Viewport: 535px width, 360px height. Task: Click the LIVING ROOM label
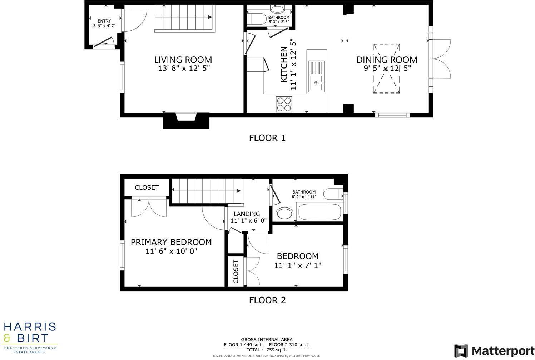[183, 60]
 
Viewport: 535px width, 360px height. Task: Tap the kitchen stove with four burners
[284, 104]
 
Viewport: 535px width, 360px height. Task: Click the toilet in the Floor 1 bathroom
[257, 18]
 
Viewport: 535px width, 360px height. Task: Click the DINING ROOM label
[387, 60]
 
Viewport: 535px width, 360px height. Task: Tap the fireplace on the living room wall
[186, 121]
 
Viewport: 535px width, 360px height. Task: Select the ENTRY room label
[104, 21]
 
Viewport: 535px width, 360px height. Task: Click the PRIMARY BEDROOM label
[171, 242]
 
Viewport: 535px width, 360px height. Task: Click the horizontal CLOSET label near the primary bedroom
[147, 187]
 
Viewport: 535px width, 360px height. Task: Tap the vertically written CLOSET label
[236, 271]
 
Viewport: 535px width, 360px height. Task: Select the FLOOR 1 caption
[267, 138]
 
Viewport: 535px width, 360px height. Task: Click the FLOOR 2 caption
[267, 300]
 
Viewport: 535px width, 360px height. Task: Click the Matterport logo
[494, 350]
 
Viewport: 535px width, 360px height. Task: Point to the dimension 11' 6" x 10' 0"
[171, 251]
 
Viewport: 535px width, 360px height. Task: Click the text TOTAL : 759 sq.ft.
[267, 350]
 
